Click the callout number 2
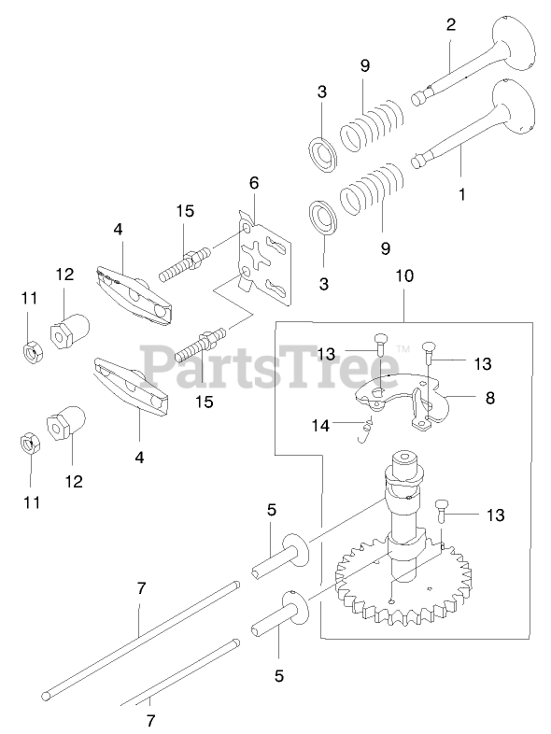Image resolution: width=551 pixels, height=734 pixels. point(450,24)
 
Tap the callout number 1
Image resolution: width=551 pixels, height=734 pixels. point(462,194)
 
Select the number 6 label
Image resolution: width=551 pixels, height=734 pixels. point(254,182)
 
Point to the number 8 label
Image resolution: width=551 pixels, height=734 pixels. point(489,398)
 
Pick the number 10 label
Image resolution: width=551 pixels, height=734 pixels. point(404,275)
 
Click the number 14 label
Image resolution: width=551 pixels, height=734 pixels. point(320,426)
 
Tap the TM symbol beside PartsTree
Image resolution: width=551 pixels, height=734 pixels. point(403,348)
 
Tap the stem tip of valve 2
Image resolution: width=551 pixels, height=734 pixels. point(417,98)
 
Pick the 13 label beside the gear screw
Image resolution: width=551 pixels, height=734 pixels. point(495,515)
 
